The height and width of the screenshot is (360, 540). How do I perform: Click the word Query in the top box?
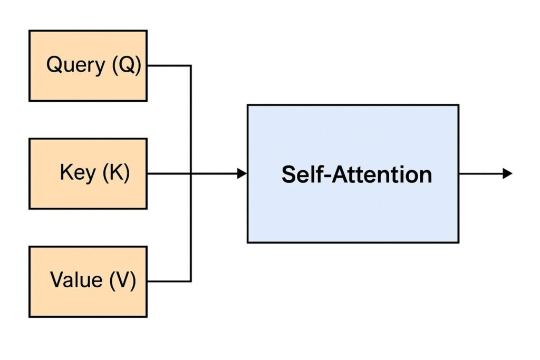pos(76,66)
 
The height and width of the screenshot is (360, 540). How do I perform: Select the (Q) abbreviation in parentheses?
pos(126,66)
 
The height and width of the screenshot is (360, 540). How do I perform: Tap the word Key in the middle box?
pos(77,173)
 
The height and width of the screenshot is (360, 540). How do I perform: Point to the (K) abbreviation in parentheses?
pos(116,173)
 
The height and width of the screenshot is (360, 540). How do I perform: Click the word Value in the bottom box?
pos(76,280)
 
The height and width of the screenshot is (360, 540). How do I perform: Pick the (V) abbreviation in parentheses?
pos(122,280)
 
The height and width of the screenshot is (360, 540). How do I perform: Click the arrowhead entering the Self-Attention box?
pos(242,173)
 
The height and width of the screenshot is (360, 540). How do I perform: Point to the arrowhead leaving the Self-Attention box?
pos(507,173)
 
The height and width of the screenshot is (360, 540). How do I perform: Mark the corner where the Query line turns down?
pos(190,66)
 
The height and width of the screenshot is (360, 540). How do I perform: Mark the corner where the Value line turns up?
pos(190,281)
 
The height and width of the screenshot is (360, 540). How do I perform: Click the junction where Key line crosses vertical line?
pos(190,173)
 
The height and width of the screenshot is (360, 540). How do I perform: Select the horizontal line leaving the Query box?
pos(169,66)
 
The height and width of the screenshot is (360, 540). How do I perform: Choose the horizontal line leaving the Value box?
pos(169,281)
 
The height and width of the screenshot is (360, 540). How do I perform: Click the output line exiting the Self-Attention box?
pos(480,173)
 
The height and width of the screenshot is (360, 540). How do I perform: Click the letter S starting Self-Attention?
pos(288,174)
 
